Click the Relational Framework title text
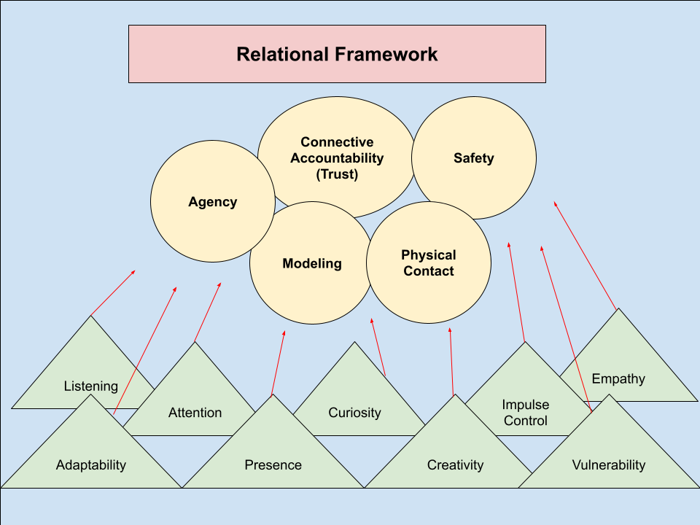tap(337, 54)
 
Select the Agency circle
tap(212, 202)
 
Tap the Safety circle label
tap(473, 158)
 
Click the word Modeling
tap(312, 263)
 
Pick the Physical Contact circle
tap(428, 263)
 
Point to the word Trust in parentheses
tap(337, 174)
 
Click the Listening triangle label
tap(90, 386)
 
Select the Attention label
tap(195, 413)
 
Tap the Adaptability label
tap(91, 464)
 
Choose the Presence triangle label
tap(273, 464)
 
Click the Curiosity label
tap(354, 413)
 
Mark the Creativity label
tap(455, 464)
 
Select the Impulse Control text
tap(525, 413)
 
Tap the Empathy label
tap(618, 378)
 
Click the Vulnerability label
tap(608, 464)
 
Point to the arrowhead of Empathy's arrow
tap(555, 203)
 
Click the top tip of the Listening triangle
tap(90, 316)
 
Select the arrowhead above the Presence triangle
tap(284, 332)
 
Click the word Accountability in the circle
tap(337, 158)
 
